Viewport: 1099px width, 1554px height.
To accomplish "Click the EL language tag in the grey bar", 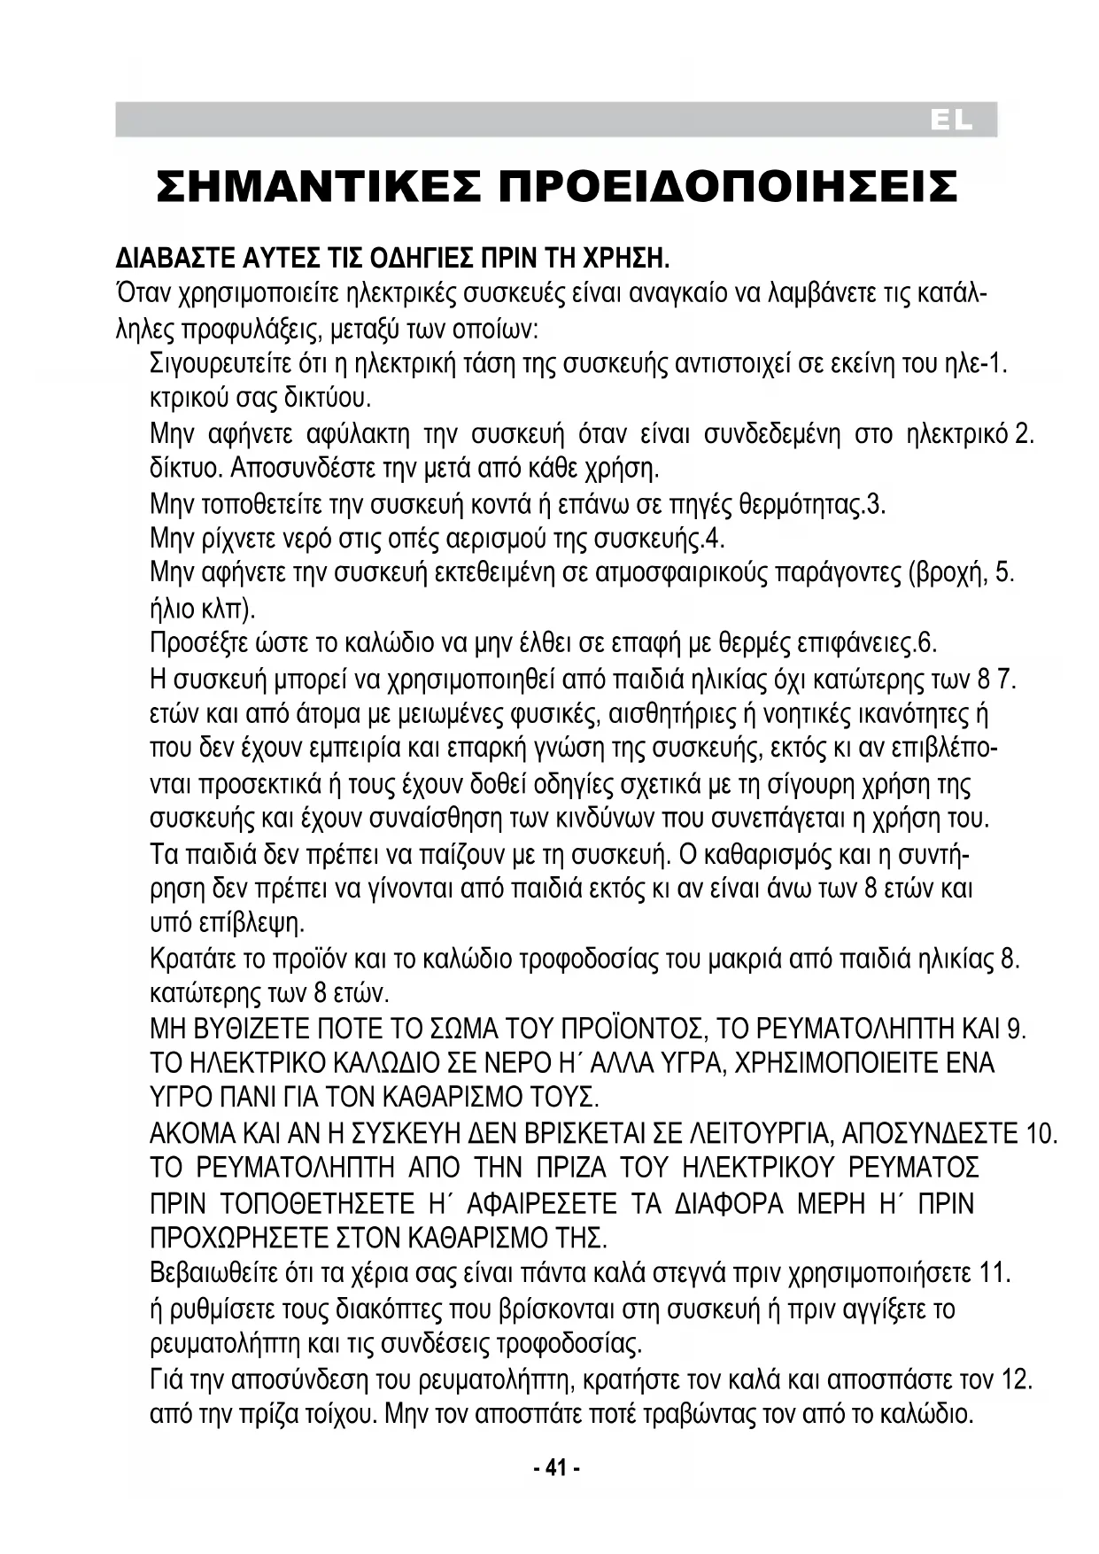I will pos(952,122).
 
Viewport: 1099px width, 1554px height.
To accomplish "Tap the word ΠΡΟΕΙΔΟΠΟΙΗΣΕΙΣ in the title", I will pos(729,187).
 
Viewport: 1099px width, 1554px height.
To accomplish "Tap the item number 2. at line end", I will pos(1025,435).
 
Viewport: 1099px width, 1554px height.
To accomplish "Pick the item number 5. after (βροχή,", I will pos(1005,573).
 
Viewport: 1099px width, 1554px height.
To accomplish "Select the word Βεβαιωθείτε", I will pos(207,1274).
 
